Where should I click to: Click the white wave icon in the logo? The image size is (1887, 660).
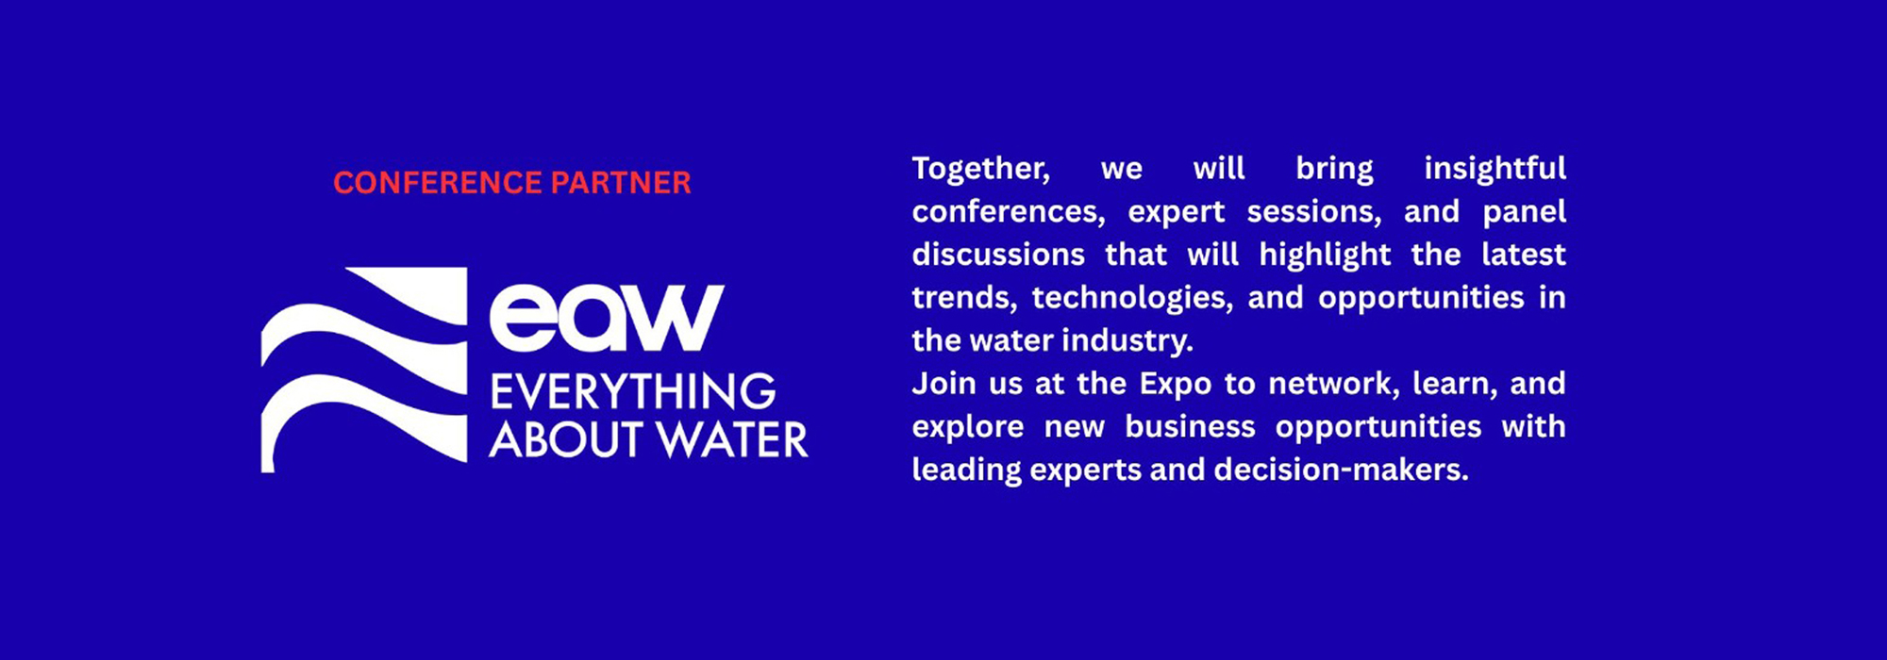tap(364, 370)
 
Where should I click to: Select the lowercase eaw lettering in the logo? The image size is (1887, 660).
tap(607, 317)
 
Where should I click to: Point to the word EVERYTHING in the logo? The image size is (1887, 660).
tap(633, 391)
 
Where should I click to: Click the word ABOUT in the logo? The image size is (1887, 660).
tap(567, 440)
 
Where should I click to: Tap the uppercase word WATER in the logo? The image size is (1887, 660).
tap(732, 440)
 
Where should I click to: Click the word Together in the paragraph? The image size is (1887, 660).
tap(980, 169)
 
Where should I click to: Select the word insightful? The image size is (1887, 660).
tap(1495, 168)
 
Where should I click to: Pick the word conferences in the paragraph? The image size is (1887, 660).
tap(1009, 212)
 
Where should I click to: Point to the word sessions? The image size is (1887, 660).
tap(1314, 212)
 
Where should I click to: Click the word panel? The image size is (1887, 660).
tap(1525, 212)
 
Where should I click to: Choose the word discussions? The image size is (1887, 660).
tap(998, 255)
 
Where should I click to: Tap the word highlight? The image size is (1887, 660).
tap(1325, 256)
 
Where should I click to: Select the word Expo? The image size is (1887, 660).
tap(1176, 385)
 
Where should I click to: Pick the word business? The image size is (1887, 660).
tap(1191, 426)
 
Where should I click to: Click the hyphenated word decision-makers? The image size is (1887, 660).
tap(1342, 470)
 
